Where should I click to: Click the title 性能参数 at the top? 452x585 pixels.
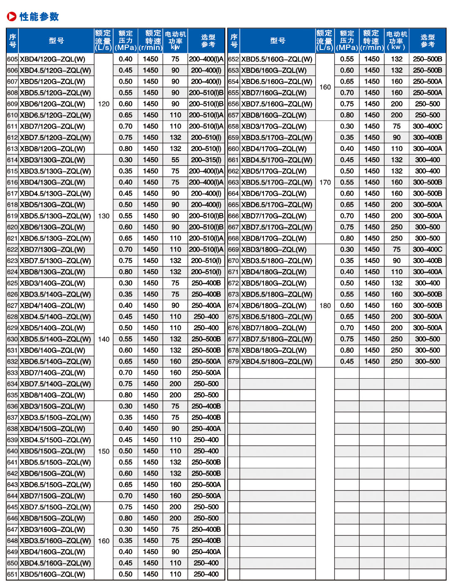[39, 17]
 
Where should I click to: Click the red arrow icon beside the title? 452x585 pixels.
[12, 17]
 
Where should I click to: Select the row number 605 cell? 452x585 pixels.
[12, 59]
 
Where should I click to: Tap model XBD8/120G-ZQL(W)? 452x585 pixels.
[52, 149]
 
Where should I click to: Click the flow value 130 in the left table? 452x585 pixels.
[104, 216]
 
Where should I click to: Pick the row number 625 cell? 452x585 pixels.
[12, 283]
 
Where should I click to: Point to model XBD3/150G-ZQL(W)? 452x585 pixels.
[52, 407]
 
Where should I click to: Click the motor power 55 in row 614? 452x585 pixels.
[175, 160]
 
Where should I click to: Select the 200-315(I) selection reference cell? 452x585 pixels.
[206, 160]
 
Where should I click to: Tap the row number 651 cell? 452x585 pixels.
[12, 575]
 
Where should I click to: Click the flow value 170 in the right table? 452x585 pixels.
[325, 182]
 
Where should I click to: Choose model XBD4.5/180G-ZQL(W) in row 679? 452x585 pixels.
[277, 362]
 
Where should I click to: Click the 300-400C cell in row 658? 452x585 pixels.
[427, 126]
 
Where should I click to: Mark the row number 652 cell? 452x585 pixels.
[233, 59]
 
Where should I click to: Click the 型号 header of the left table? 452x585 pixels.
[56, 40]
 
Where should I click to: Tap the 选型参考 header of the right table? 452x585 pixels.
[427, 40]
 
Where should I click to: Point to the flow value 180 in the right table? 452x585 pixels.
[325, 306]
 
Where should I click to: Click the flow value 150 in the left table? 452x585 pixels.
[104, 451]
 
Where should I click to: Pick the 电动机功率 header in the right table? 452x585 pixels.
[396, 40]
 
